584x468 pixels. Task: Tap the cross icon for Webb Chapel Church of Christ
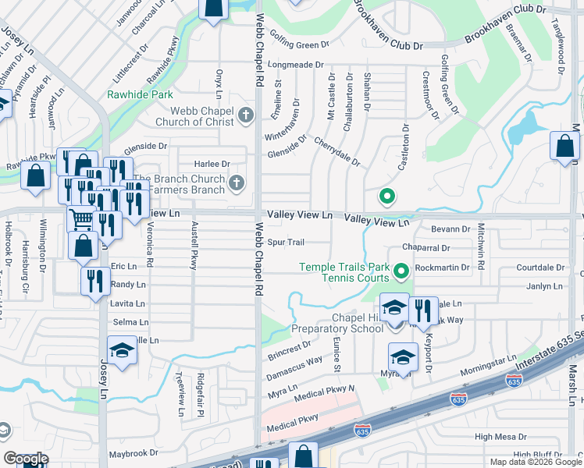point(245,116)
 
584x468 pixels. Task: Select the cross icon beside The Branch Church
point(236,183)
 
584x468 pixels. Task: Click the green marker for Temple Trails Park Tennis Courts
point(401,271)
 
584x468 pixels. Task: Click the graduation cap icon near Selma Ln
point(121,353)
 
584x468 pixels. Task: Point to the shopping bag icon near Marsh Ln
point(564,147)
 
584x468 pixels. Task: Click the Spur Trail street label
point(286,243)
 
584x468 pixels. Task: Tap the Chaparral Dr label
point(426,248)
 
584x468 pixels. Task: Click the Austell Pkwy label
point(194,245)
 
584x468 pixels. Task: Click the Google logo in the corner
point(26,459)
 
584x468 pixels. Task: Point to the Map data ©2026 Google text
point(536,462)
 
